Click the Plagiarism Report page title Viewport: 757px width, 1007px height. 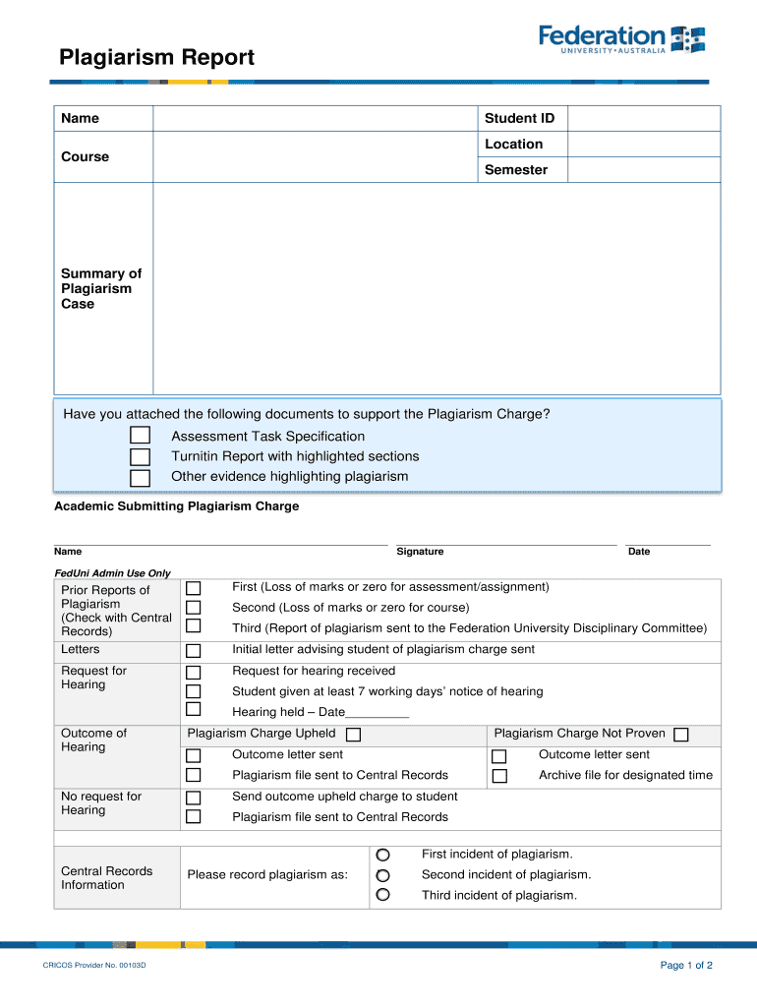coord(156,58)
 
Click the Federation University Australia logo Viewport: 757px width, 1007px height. coord(621,40)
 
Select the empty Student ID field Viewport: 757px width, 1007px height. coord(644,118)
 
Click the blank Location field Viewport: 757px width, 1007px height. coord(644,145)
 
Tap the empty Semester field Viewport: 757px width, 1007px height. coord(644,170)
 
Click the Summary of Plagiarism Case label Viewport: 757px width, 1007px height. coord(101,288)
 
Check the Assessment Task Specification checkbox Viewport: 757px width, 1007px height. coord(141,436)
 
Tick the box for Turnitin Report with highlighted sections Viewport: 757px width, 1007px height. coord(141,456)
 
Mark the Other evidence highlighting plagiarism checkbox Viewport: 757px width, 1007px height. coord(141,478)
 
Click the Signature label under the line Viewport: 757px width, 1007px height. coord(420,552)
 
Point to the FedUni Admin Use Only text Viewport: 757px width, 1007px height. coord(112,573)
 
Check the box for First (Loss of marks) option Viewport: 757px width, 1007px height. coord(194,588)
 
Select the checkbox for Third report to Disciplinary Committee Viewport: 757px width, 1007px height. coord(194,626)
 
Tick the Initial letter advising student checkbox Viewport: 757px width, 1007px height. coord(194,650)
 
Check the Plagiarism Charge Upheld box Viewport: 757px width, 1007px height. coord(353,735)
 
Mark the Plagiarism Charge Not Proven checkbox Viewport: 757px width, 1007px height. coord(680,735)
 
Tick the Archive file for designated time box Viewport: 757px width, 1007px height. coord(498,776)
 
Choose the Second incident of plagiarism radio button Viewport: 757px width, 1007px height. coord(382,875)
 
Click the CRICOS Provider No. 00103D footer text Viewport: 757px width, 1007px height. coord(94,966)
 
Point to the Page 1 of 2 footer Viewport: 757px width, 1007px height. coord(685,966)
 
